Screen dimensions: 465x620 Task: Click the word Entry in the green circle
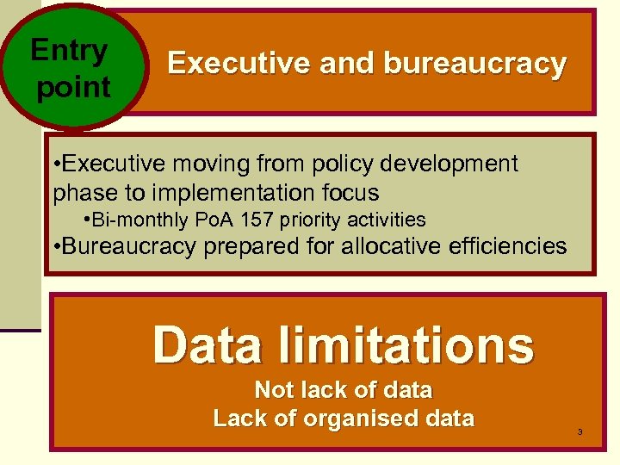point(69,52)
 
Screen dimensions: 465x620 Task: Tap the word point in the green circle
point(74,88)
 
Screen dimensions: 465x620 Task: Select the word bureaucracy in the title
point(475,64)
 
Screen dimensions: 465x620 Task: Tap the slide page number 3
point(580,431)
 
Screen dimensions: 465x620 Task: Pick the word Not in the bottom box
point(275,390)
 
